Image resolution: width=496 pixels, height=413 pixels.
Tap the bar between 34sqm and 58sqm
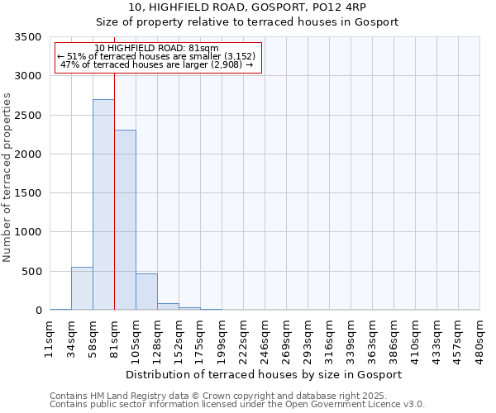82,289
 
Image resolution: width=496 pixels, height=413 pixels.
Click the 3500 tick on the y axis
27,37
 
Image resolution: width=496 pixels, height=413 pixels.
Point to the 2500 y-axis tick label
27,116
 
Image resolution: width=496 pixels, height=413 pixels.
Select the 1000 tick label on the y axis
27,233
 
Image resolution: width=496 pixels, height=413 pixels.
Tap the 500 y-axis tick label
31,272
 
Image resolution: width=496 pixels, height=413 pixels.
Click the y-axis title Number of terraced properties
7,178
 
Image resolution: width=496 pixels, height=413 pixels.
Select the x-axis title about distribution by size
265,374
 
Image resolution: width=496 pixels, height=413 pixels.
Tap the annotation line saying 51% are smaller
157,55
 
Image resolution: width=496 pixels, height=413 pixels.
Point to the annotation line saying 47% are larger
157,64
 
